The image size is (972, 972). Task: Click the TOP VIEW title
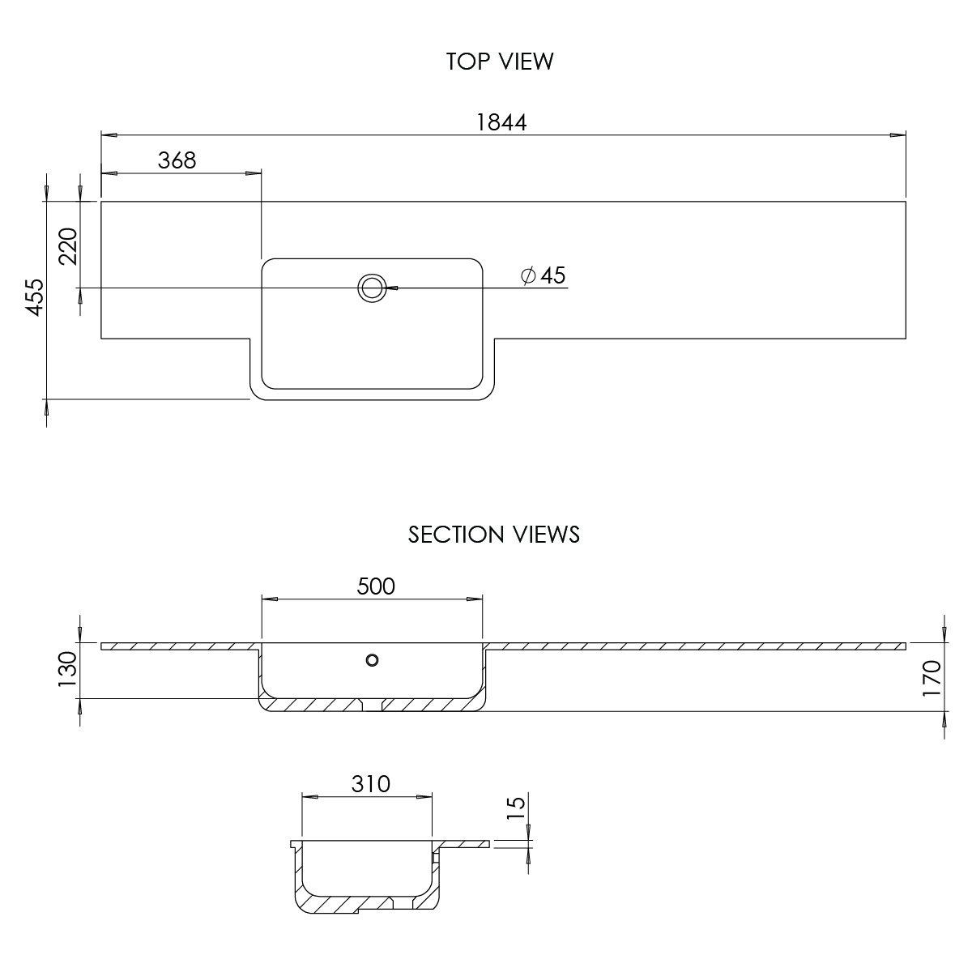point(500,62)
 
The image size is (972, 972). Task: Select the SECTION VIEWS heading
point(494,535)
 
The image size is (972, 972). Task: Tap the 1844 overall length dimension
point(502,122)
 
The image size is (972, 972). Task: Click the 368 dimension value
point(177,161)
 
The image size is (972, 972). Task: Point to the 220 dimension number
point(68,246)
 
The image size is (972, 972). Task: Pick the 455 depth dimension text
point(35,297)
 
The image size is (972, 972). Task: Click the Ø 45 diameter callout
point(544,275)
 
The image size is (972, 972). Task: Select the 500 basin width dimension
point(376,586)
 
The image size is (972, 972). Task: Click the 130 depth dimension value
point(67,669)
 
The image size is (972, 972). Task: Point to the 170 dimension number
point(932,679)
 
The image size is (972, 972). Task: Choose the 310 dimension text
point(371,784)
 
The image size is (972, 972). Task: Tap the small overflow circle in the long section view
point(373,660)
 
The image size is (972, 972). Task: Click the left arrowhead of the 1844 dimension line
point(109,135)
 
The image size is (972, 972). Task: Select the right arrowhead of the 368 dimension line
point(254,173)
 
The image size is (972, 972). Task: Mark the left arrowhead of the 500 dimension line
point(270,599)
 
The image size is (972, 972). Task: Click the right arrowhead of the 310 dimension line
point(424,797)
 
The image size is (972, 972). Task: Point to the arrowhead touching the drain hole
point(392,288)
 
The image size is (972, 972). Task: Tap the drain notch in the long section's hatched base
point(373,706)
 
